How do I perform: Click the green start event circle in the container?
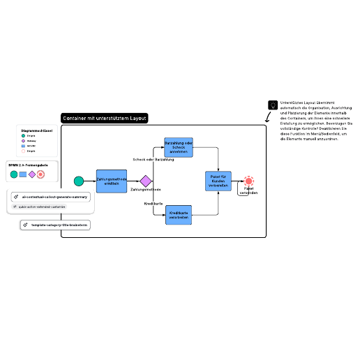pyautogui.click(x=79, y=181)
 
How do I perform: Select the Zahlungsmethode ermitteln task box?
pyautogui.click(x=112, y=181)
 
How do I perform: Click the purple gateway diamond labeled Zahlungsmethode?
pyautogui.click(x=145, y=181)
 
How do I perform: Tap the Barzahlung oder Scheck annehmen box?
pyautogui.click(x=178, y=147)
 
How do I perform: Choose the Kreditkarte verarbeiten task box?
pyautogui.click(x=178, y=214)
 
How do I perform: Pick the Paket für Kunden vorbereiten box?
pyautogui.click(x=218, y=181)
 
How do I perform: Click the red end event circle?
pyautogui.click(x=249, y=181)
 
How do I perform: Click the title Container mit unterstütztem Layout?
pyautogui.click(x=105, y=119)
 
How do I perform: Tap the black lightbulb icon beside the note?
pyautogui.click(x=272, y=105)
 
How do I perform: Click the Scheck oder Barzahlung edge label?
pyautogui.click(x=153, y=160)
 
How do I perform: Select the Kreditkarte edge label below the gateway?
pyautogui.click(x=153, y=203)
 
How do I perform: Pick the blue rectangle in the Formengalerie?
pyautogui.click(x=22, y=173)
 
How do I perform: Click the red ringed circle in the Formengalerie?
pyautogui.click(x=40, y=173)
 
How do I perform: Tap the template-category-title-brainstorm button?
pyautogui.click(x=55, y=225)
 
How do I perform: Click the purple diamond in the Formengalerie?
pyautogui.click(x=31, y=173)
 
